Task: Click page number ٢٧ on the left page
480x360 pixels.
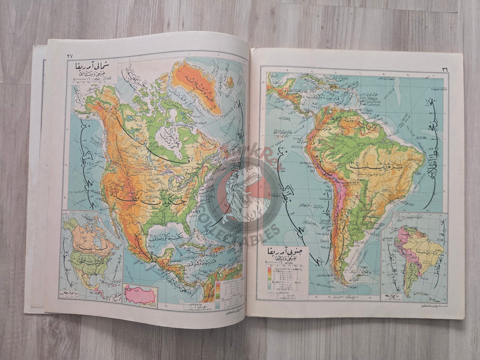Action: coord(70,55)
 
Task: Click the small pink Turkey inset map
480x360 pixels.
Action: coord(139,294)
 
